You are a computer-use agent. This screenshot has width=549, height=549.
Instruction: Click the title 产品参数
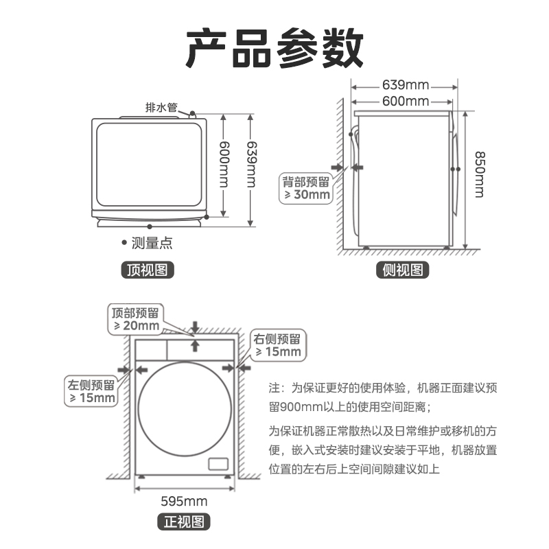point(274,48)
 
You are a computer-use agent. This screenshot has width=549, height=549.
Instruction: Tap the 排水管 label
point(161,107)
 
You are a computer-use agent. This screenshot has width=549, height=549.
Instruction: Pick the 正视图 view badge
point(184,522)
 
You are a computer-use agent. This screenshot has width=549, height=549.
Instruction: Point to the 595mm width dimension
point(184,501)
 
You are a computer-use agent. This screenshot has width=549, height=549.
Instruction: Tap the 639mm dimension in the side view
point(406,85)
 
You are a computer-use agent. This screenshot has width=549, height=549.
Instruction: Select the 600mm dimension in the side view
point(406,102)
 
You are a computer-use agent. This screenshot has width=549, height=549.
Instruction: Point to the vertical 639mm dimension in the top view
point(251,165)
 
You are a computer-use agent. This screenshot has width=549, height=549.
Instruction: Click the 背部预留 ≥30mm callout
point(307,188)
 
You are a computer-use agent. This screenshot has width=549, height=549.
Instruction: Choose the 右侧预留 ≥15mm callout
point(277,345)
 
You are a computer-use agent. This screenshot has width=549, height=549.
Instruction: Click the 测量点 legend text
point(152,242)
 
